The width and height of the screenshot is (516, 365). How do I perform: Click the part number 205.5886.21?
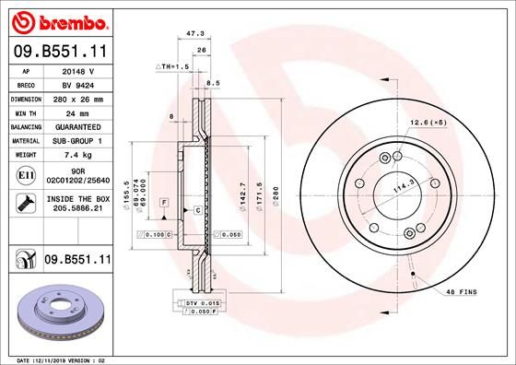coord(78,209)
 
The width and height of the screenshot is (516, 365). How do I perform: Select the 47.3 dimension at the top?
coord(194,33)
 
